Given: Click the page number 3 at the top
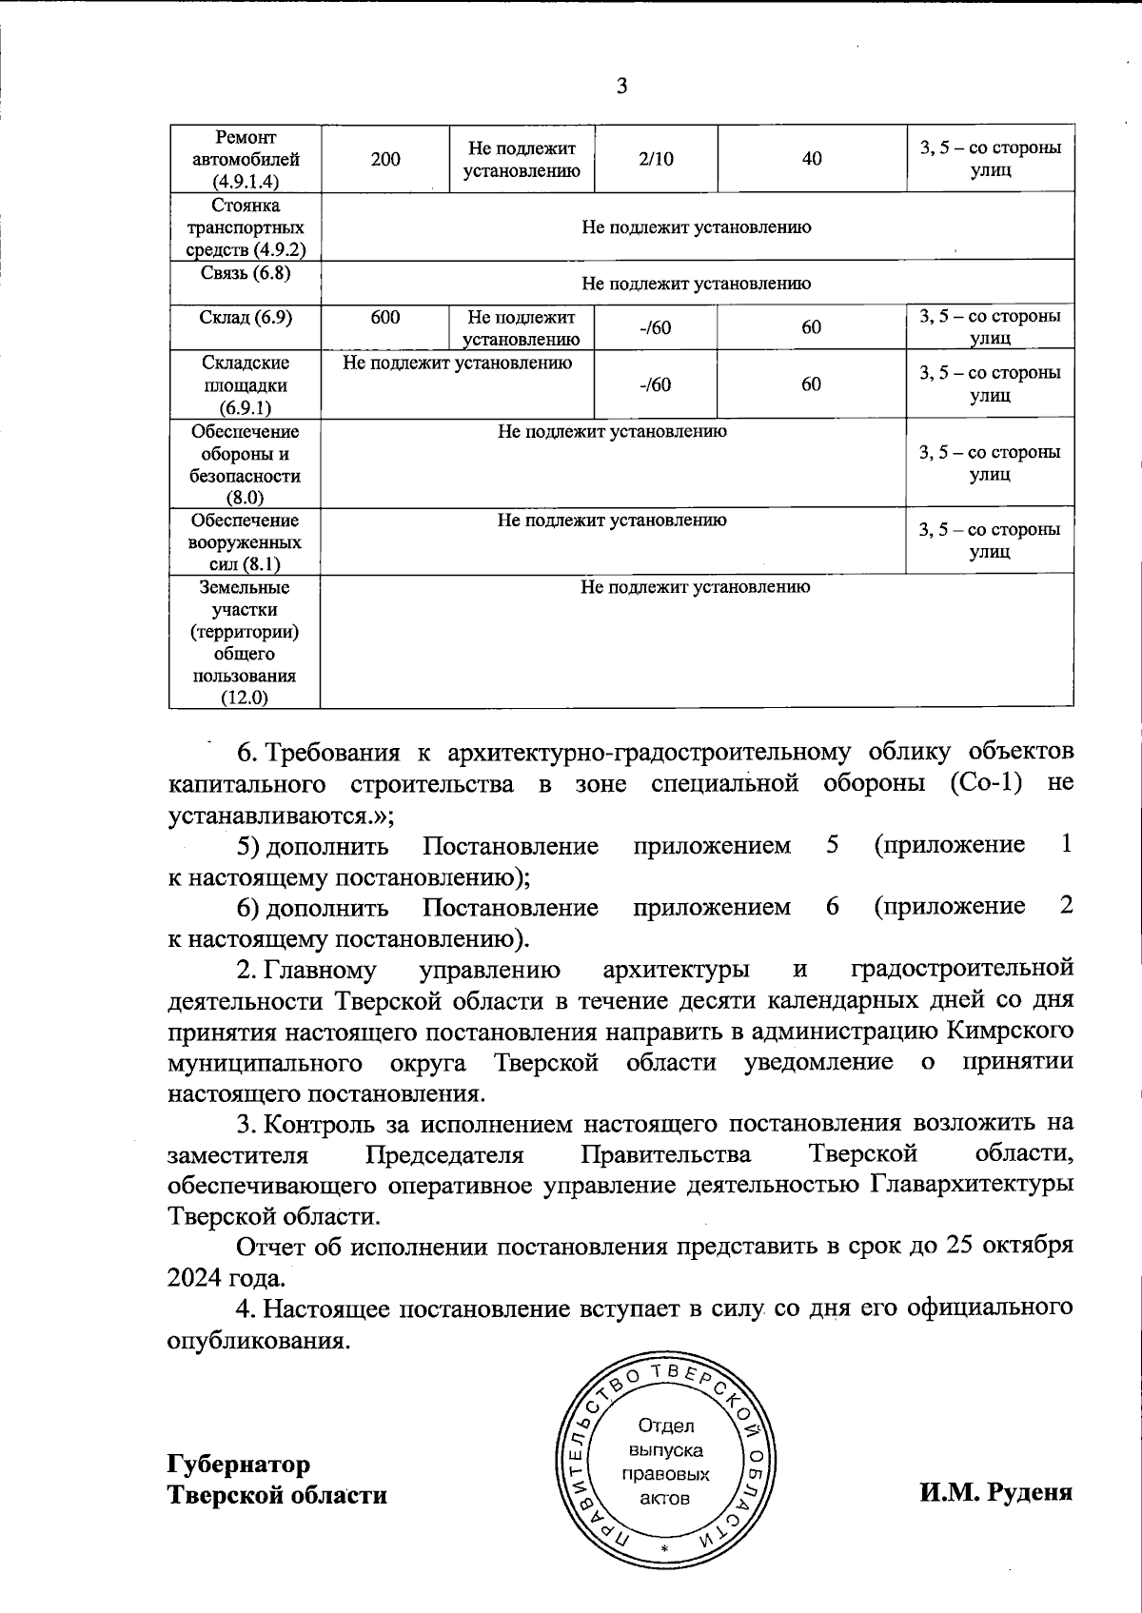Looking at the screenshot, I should point(621,88).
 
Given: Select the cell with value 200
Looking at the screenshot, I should point(385,160).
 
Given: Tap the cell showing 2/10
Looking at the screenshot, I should point(657,160).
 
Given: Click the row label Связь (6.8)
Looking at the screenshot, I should point(246,273).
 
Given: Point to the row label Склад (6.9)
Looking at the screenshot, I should point(246,317).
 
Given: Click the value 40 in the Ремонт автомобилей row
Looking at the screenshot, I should point(812,160).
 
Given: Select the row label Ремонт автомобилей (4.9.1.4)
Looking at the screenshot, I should point(246,160).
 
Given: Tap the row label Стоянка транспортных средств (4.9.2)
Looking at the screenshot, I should point(246,228).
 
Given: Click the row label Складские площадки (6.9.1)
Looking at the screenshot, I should point(246,385).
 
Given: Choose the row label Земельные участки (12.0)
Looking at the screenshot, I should point(246,642).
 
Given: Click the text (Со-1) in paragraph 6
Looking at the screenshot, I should point(992,784).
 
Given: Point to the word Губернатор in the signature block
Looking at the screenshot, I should point(239,1464).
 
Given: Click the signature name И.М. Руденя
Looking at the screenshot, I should point(995,1492).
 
